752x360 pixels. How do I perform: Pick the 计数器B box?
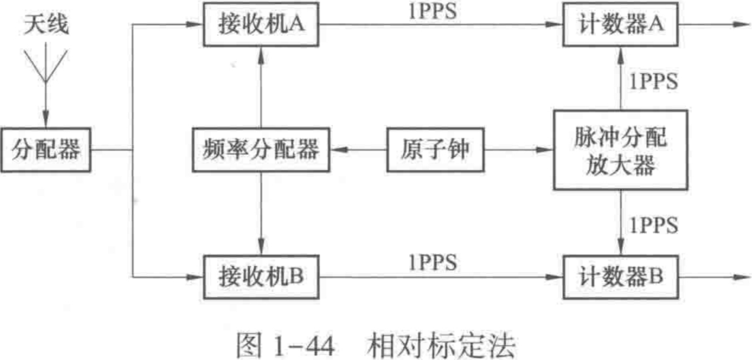pyautogui.click(x=620, y=275)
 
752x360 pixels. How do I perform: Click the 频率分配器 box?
pyautogui.click(x=261, y=150)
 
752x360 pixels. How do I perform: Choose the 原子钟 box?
pyautogui.click(x=435, y=150)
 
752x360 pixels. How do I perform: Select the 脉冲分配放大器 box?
pyautogui.click(x=620, y=150)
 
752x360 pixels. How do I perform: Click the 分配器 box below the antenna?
pyautogui.click(x=45, y=150)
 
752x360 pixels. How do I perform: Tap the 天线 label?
pyautogui.click(x=46, y=25)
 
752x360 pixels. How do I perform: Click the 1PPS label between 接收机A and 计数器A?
pyautogui.click(x=433, y=12)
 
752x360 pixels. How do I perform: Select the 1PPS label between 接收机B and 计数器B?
pyautogui.click(x=433, y=262)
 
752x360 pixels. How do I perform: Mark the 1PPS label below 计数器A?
pyautogui.click(x=652, y=81)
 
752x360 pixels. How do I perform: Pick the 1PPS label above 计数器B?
pyautogui.click(x=652, y=225)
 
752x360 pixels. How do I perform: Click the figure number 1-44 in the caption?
pyautogui.click(x=304, y=347)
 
